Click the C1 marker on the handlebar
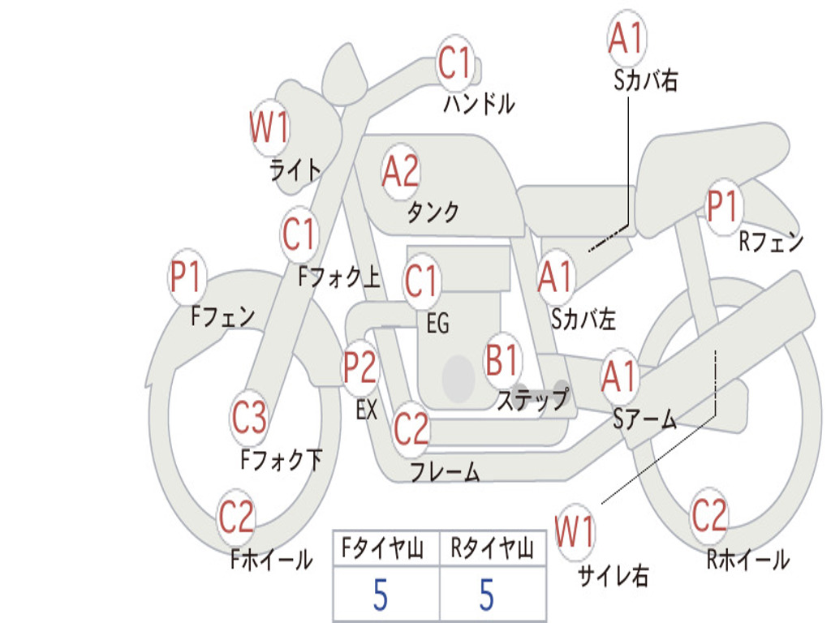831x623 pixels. point(455,62)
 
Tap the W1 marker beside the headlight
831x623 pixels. point(269,127)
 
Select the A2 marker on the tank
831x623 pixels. point(401,172)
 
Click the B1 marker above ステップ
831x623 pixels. point(502,359)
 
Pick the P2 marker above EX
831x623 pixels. point(360,367)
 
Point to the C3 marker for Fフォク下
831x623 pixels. point(249,417)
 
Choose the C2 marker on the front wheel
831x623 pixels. point(236,517)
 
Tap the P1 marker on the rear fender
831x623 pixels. point(723,205)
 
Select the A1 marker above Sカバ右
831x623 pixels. point(627,38)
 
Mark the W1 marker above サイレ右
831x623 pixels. point(575,531)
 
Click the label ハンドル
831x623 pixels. point(479,103)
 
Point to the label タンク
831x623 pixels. point(433,212)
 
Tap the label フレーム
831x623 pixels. point(446,471)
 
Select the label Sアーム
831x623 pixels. point(645,419)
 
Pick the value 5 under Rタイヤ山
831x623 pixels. point(487,595)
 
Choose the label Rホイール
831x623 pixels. point(748,560)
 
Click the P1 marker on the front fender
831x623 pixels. point(187,277)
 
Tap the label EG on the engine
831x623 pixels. point(437,323)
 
